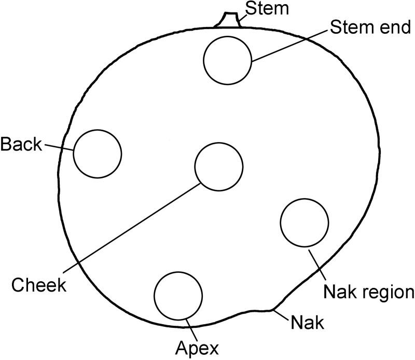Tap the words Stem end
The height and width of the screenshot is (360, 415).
(x=371, y=28)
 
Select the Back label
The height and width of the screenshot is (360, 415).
(x=21, y=144)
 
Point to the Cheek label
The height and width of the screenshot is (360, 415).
(x=39, y=285)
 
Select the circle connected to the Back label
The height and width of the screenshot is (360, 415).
(x=98, y=154)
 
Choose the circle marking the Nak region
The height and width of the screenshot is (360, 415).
(x=304, y=222)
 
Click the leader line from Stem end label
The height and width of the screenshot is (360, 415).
(x=290, y=46)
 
